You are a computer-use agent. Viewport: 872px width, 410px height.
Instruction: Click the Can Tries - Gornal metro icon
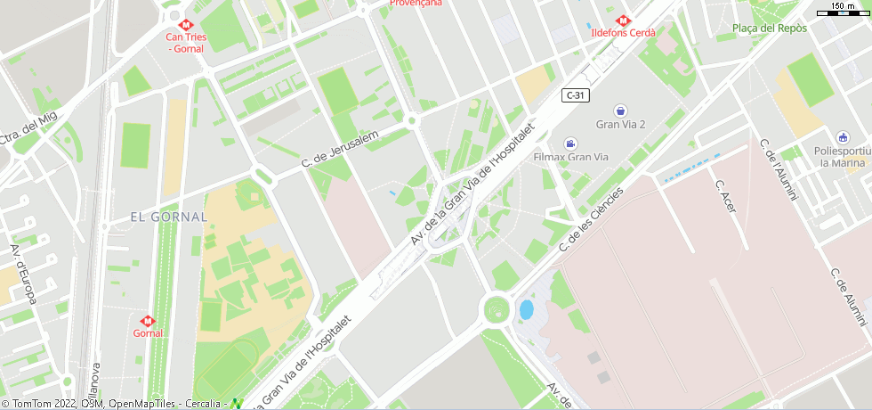point(186,24)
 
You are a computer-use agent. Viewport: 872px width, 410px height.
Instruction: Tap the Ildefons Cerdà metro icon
point(623,20)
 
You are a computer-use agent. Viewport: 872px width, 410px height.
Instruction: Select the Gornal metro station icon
point(148,320)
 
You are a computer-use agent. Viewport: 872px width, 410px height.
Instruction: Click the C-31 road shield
point(575,94)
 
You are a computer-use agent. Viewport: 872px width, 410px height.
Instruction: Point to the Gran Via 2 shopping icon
point(620,111)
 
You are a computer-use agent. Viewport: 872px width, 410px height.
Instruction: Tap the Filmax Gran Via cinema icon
point(569,143)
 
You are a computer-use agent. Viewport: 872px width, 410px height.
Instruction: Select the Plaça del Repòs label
point(769,29)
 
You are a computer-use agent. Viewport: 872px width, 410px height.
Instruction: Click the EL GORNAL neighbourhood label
point(168,217)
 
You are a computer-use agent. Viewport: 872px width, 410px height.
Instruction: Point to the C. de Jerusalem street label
point(340,148)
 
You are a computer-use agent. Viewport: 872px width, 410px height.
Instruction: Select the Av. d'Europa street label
point(22,274)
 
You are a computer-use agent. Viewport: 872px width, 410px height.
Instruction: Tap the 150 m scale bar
point(842,10)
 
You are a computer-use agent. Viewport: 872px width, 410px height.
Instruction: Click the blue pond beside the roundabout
point(526,309)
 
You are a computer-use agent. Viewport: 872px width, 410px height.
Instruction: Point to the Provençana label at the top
point(416,4)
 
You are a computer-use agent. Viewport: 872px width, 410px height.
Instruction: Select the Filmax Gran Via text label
point(570,157)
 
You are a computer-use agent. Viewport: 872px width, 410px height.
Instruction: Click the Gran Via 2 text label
point(620,124)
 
